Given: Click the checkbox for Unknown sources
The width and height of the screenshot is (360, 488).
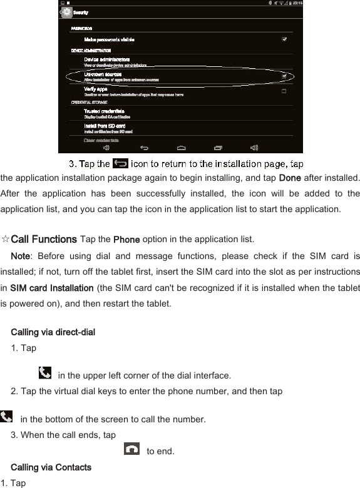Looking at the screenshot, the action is (284, 76).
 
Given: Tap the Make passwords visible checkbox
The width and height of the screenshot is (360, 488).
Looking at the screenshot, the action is (284, 39).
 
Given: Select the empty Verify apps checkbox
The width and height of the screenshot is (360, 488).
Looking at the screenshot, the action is (284, 91).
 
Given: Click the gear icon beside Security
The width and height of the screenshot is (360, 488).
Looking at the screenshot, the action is (66, 12).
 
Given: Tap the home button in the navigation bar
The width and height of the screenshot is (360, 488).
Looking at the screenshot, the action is (182, 148).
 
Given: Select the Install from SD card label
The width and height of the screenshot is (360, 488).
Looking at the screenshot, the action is (101, 126).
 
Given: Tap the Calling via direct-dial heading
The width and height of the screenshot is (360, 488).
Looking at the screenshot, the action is (53, 332).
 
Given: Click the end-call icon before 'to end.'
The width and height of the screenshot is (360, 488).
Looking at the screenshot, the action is (132, 449).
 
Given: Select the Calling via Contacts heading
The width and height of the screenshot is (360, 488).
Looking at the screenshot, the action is (51, 467).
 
